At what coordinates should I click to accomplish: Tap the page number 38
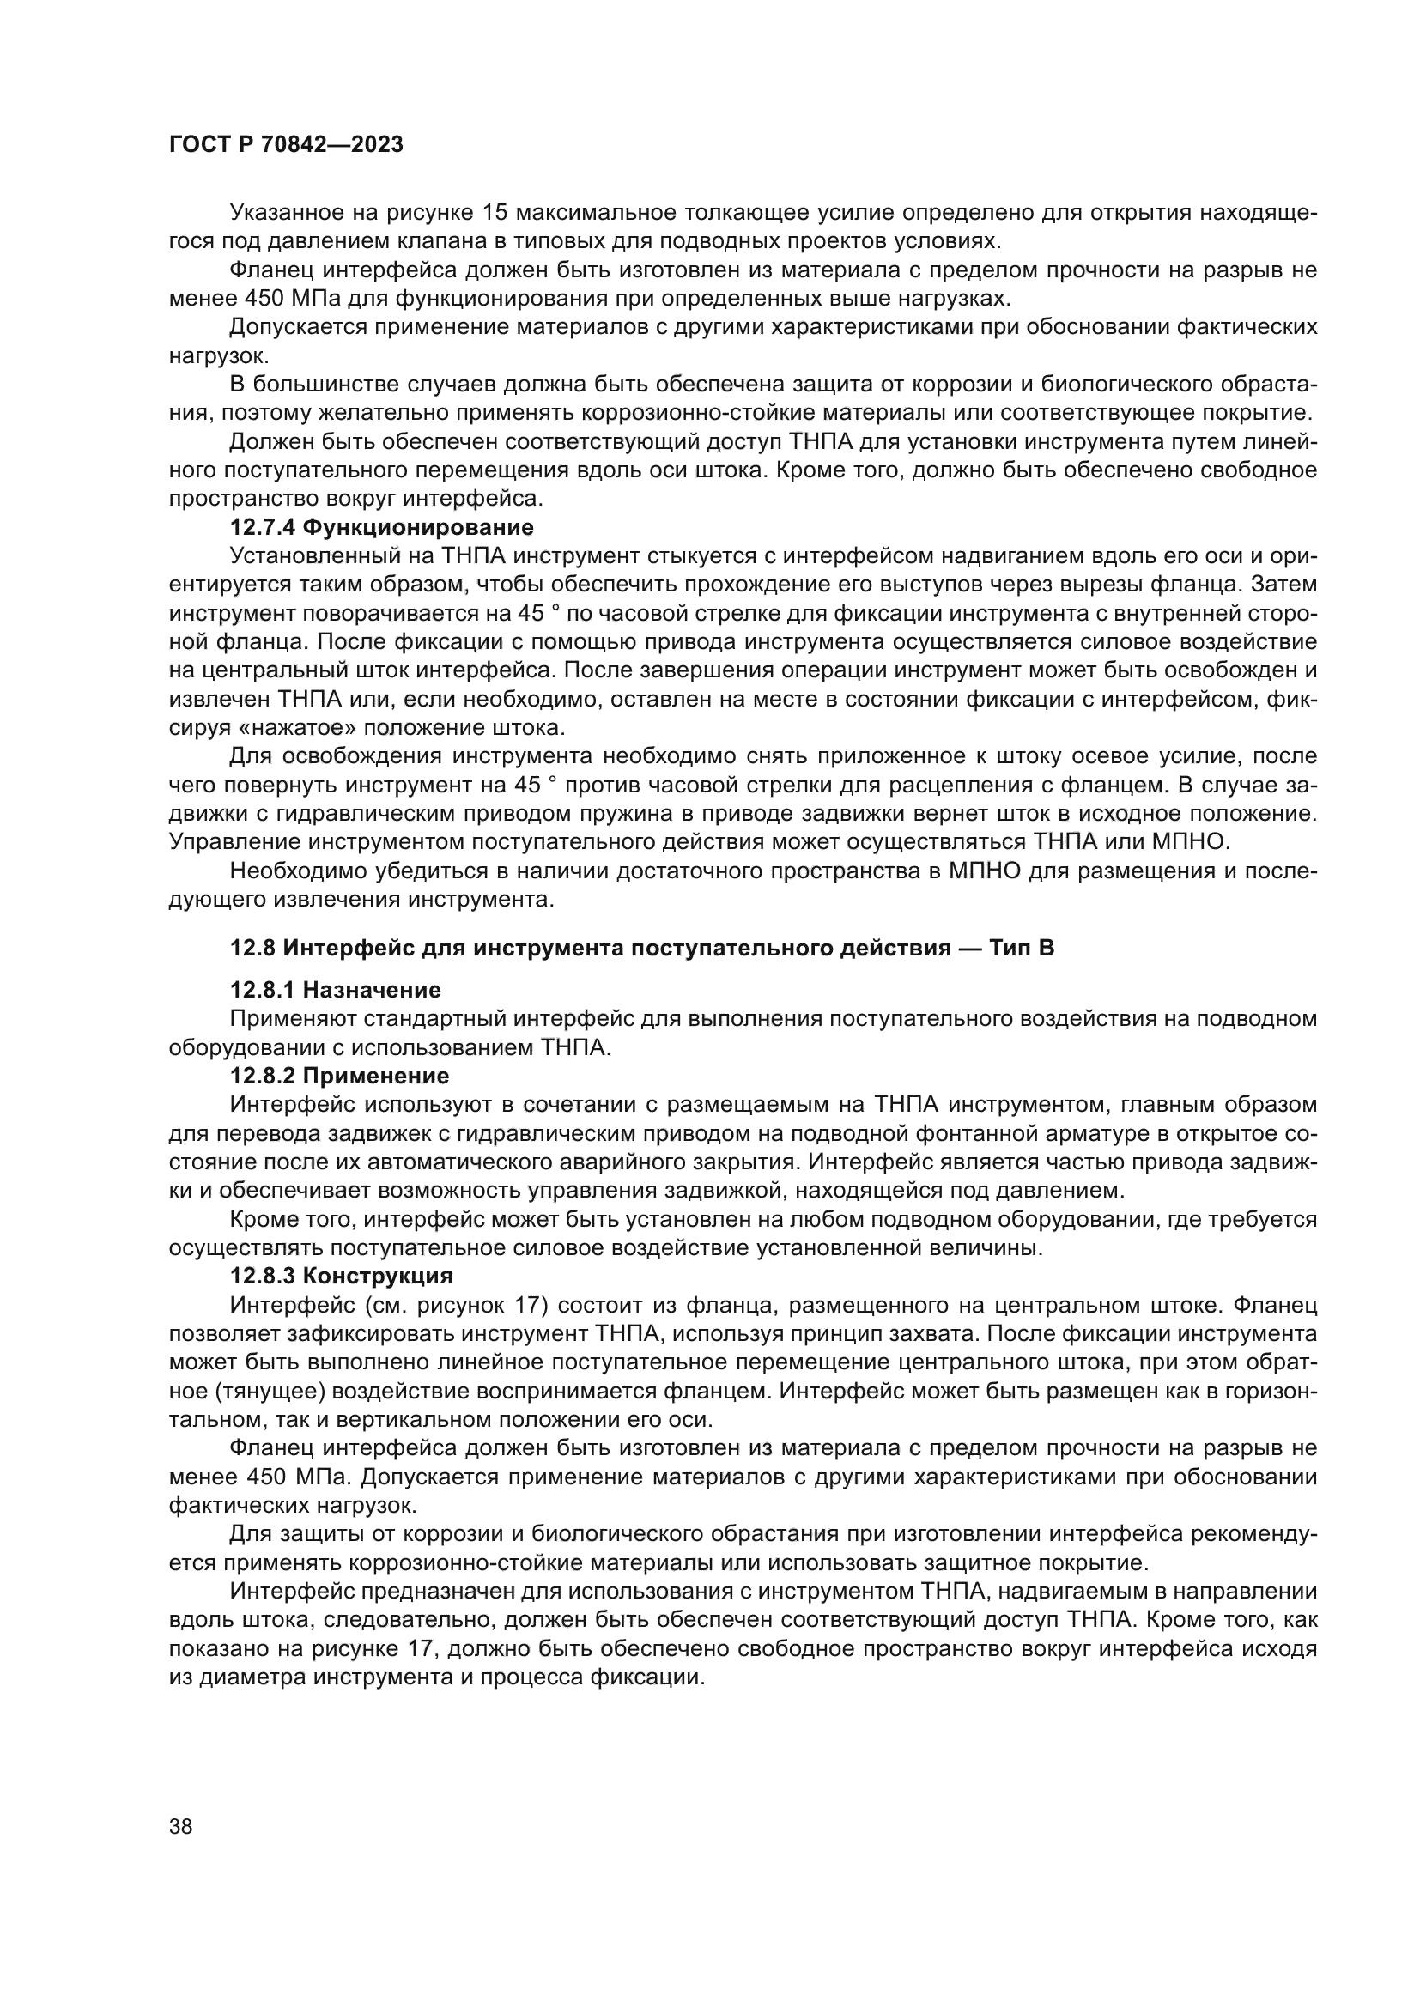click(181, 1826)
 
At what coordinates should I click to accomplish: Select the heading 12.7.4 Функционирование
click(381, 527)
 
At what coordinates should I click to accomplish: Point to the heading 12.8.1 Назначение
click(335, 990)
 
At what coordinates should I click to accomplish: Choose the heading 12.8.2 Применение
click(339, 1076)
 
